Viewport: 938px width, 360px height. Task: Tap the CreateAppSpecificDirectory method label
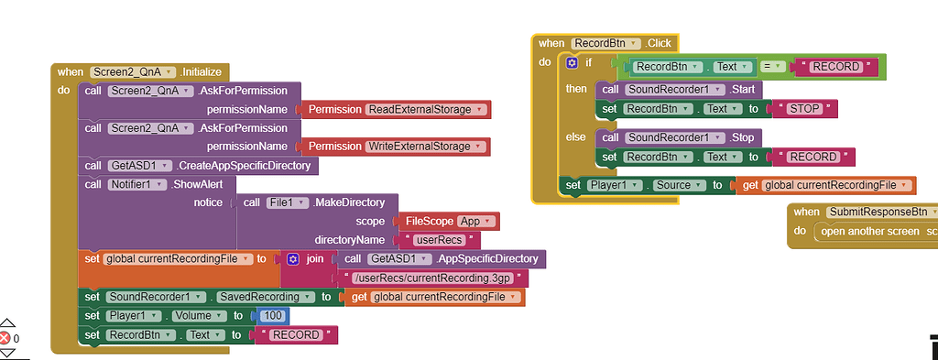[245, 166]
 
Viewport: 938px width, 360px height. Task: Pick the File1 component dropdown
[288, 202]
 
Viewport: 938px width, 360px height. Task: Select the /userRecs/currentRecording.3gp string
[433, 278]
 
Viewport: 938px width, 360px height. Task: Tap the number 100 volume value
[272, 316]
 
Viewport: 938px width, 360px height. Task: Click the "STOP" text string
[805, 109]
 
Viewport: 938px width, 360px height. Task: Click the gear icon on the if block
[573, 63]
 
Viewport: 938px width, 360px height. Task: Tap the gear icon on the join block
[293, 259]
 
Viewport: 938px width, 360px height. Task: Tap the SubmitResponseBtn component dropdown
[881, 213]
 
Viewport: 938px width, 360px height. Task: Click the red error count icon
[5, 338]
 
